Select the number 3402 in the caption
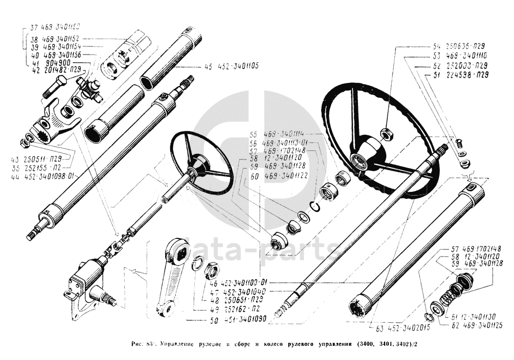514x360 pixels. coord(404,345)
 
